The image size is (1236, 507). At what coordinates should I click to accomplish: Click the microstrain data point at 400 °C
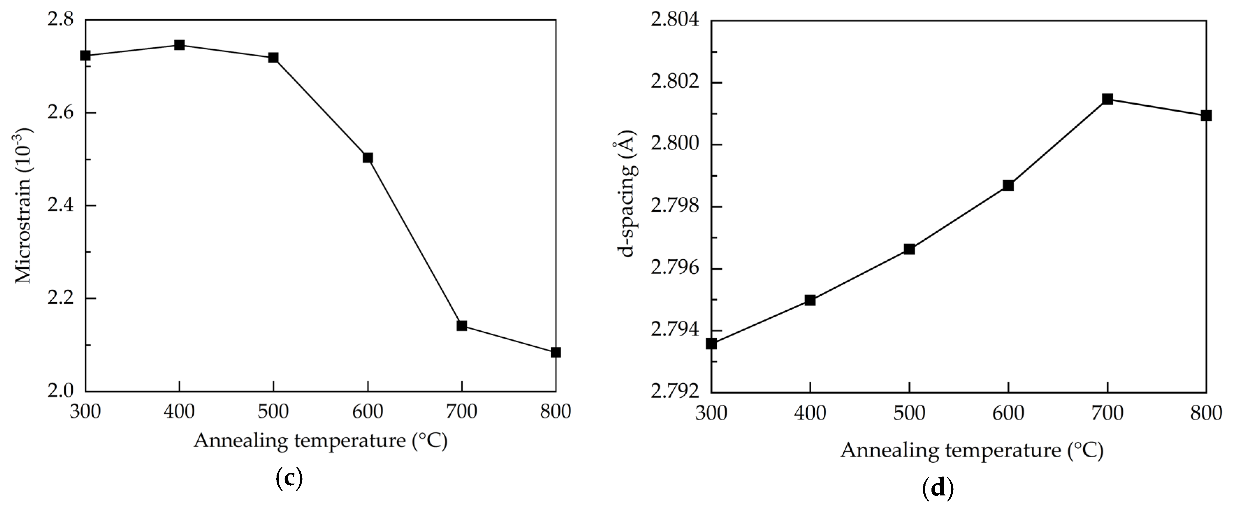[x=179, y=45]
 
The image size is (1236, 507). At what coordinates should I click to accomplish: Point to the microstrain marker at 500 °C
[x=273, y=58]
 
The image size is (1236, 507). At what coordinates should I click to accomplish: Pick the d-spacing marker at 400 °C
[x=810, y=300]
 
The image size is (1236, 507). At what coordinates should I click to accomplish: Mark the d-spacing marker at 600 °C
[x=1008, y=185]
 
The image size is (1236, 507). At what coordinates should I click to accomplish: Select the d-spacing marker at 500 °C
[x=909, y=249]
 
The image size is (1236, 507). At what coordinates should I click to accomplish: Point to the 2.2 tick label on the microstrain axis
[x=60, y=298]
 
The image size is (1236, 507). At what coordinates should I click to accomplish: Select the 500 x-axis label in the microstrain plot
[x=273, y=411]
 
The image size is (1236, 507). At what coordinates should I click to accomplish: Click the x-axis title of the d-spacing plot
[x=972, y=450]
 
